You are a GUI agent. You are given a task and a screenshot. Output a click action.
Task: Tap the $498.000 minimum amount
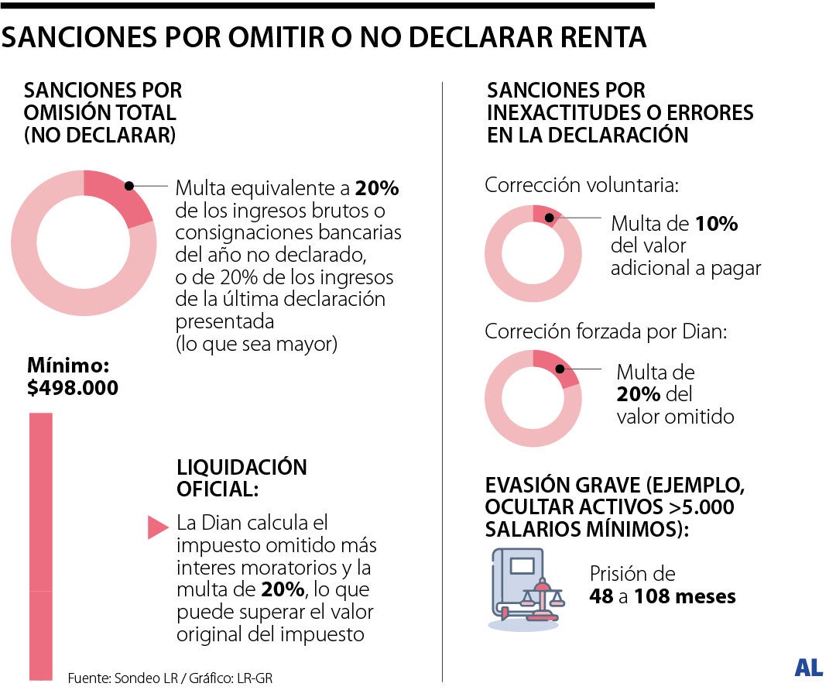[73, 387]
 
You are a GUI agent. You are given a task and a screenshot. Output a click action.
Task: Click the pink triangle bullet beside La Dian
[157, 527]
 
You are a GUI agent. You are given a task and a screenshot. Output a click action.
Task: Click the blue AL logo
[807, 668]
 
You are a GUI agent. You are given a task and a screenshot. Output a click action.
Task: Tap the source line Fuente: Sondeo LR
[116, 678]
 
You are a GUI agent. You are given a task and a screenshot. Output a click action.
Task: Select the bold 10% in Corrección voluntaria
[715, 225]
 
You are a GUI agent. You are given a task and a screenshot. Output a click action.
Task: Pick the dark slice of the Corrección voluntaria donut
[546, 215]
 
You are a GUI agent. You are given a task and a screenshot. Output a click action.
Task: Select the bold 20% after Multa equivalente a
[377, 188]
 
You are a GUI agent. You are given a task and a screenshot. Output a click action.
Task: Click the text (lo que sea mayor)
[256, 344]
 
